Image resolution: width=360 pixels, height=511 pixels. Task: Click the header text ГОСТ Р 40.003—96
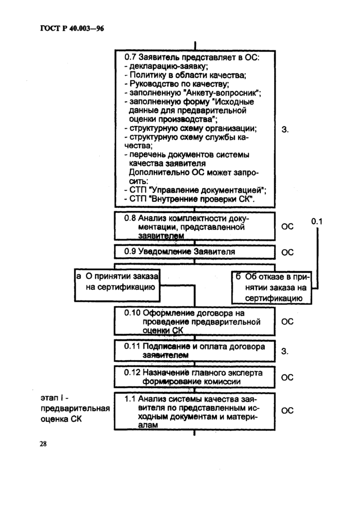click(x=72, y=29)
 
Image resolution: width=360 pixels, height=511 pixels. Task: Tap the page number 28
click(x=43, y=444)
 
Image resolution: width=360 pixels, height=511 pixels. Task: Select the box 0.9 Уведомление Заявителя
click(x=194, y=252)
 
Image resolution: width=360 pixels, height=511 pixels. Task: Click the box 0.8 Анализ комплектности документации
click(x=194, y=226)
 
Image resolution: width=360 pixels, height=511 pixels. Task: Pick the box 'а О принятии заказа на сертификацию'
click(x=117, y=285)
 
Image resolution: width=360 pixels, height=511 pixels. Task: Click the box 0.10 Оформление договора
click(x=194, y=321)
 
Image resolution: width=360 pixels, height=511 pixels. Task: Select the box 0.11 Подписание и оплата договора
click(x=194, y=350)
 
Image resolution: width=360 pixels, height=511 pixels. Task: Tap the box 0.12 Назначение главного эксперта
click(x=194, y=377)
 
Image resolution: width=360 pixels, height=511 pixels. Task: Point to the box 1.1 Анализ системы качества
click(x=194, y=411)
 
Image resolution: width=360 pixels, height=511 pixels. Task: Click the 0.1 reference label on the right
click(x=317, y=222)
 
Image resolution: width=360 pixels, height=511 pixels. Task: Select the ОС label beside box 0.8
click(x=287, y=226)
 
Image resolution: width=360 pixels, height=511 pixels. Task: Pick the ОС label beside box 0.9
click(x=287, y=252)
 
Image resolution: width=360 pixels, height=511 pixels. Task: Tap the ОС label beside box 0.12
click(x=287, y=377)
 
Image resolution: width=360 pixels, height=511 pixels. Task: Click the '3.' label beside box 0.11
click(x=285, y=351)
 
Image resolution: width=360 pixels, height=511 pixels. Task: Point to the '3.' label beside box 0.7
click(x=285, y=130)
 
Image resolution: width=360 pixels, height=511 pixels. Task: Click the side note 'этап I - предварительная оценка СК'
click(x=75, y=409)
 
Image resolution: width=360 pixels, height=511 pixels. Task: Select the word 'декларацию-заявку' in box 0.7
click(x=168, y=66)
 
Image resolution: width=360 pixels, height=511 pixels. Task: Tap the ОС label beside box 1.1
click(x=287, y=411)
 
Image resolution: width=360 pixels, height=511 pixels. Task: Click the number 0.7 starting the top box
click(x=130, y=57)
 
